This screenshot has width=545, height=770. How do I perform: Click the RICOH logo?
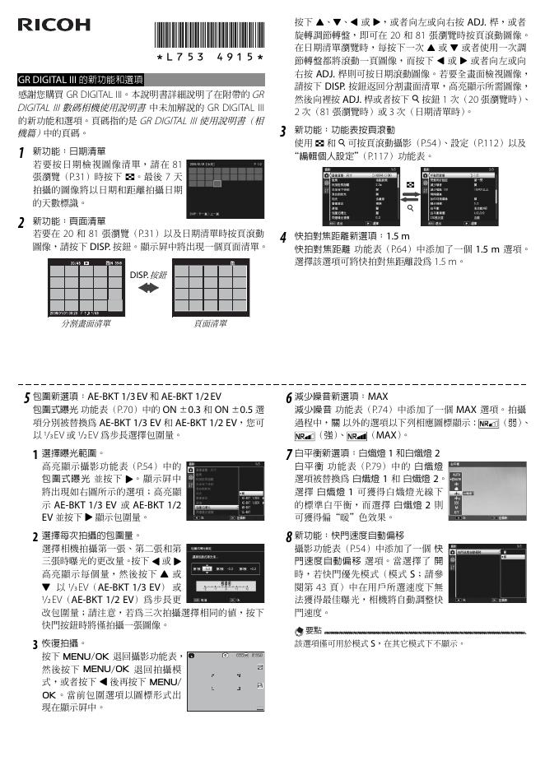(x=54, y=24)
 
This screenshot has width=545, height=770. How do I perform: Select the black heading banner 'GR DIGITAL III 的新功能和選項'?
(x=81, y=80)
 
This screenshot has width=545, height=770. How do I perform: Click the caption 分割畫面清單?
(x=86, y=323)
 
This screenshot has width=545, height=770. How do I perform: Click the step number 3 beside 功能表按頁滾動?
(x=282, y=132)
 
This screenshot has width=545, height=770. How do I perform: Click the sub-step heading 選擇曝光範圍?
(x=73, y=452)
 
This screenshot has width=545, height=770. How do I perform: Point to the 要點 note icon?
(x=300, y=629)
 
